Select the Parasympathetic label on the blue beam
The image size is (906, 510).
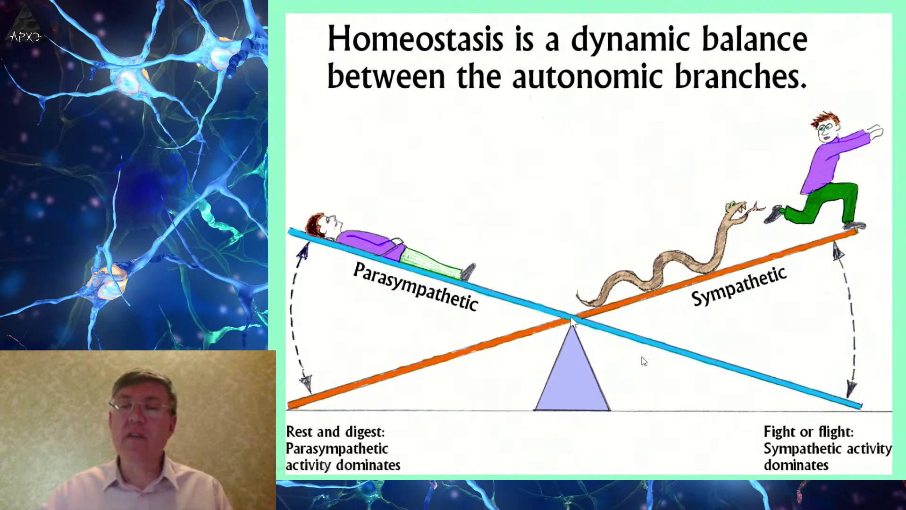click(415, 286)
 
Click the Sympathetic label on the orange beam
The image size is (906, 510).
click(738, 286)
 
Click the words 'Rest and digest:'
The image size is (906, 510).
click(336, 432)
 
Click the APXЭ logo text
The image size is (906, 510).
click(25, 37)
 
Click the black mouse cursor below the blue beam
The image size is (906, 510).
click(644, 361)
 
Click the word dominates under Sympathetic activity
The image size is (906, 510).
click(796, 465)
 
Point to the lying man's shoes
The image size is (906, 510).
click(469, 271)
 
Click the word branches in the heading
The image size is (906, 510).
click(741, 76)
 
